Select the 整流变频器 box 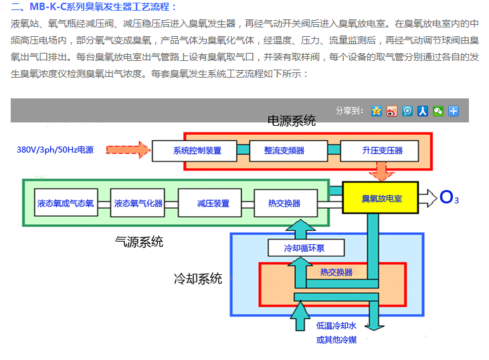click(x=284, y=151)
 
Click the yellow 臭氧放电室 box click(x=381, y=199)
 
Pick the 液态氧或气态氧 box click(x=65, y=203)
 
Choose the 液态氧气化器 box click(x=138, y=203)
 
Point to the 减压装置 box click(x=213, y=203)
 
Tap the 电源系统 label click(x=292, y=121)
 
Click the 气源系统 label click(x=139, y=242)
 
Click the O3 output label click(x=449, y=197)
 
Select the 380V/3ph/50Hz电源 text click(x=55, y=150)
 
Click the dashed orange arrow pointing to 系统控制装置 click(x=126, y=149)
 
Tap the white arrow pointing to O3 click(x=427, y=197)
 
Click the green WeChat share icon click(x=438, y=110)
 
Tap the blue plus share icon click(x=454, y=110)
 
